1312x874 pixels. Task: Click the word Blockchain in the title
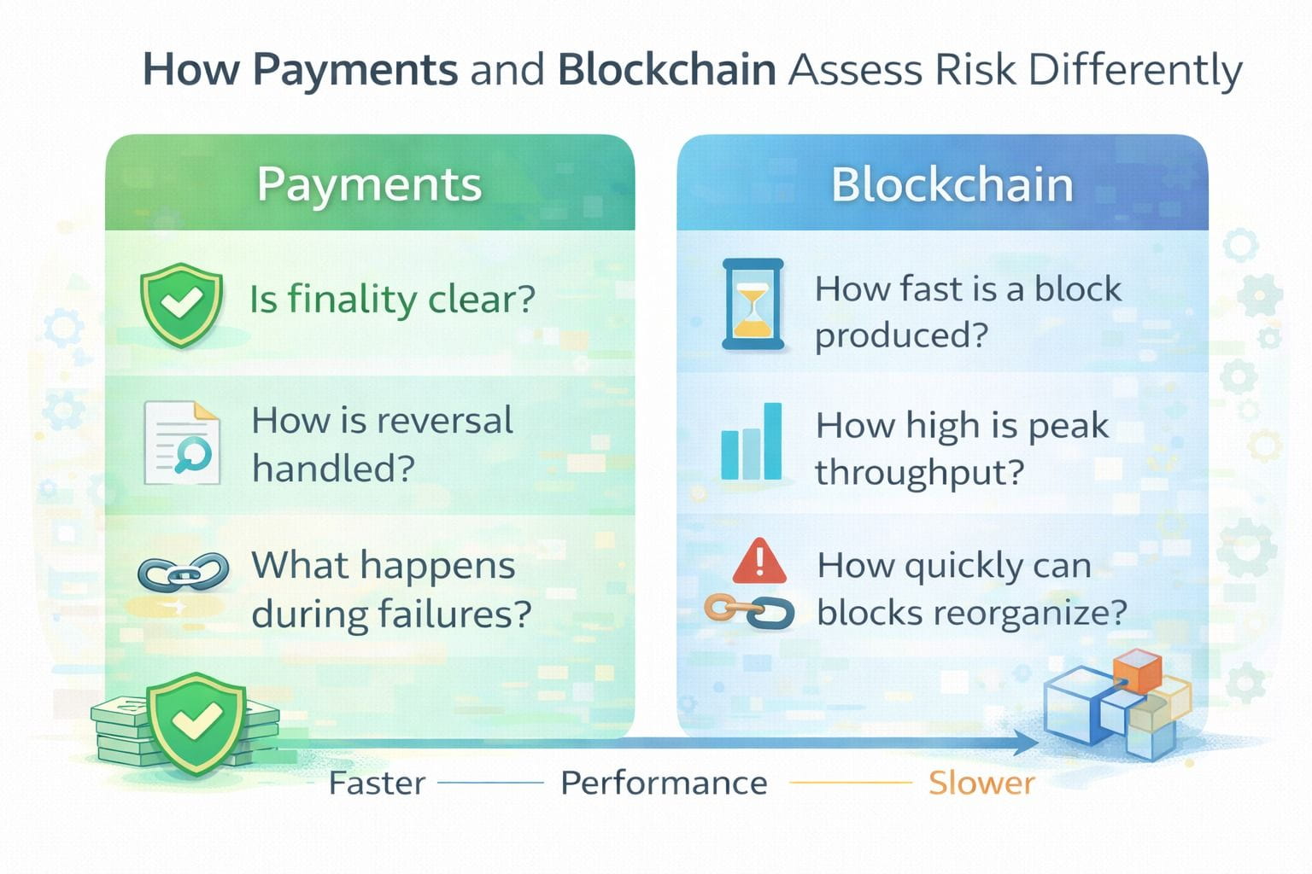[666, 70]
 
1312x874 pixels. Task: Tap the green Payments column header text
[369, 184]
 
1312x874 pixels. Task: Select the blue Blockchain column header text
[952, 184]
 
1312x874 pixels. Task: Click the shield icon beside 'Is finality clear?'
[181, 304]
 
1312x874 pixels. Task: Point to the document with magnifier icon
[182, 443]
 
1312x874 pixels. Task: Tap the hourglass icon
[753, 305]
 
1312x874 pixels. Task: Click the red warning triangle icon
[758, 560]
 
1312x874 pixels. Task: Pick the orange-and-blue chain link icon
[749, 611]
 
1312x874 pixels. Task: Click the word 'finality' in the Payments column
[352, 299]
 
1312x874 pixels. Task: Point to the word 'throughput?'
[919, 472]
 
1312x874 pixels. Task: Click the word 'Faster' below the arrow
[377, 783]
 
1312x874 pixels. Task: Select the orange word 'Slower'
[981, 783]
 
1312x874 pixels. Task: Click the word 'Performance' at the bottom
[664, 783]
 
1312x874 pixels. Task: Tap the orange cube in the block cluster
[1137, 672]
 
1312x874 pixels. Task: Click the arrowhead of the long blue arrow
[1025, 743]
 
